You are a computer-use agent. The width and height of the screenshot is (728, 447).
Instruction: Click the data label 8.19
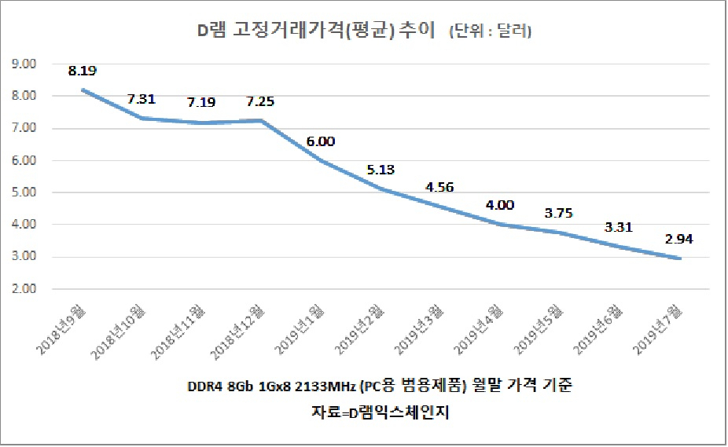coord(83,71)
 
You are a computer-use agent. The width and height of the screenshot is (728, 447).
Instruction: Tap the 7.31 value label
coord(142,99)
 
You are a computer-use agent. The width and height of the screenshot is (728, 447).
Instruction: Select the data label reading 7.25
coord(260,101)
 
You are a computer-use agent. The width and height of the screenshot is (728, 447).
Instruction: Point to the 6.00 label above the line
coord(320,141)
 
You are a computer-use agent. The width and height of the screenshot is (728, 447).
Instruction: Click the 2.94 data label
coord(678,239)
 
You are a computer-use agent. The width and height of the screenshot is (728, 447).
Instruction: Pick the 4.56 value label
coord(439,187)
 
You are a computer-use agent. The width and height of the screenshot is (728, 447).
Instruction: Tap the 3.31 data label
coord(619,227)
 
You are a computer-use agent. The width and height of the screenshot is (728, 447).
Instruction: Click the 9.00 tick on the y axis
coord(24,64)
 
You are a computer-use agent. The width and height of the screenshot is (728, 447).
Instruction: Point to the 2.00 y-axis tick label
coord(24,289)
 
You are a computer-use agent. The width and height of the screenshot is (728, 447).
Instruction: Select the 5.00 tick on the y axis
coord(24,192)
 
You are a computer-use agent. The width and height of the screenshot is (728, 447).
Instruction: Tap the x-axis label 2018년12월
coord(237,332)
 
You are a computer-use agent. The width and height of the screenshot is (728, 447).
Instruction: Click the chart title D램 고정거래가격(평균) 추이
coord(316,30)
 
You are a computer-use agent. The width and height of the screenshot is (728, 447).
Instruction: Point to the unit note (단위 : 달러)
coord(491,31)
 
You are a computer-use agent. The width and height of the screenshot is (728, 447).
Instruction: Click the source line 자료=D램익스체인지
coord(381,412)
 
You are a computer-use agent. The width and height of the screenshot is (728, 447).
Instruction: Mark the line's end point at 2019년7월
coord(680,258)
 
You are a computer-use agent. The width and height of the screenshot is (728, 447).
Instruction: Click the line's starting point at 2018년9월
coord(83,90)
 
